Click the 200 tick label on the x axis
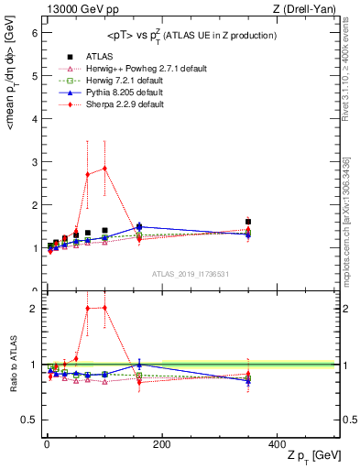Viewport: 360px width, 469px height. point(161,443)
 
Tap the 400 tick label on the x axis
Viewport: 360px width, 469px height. point(277,443)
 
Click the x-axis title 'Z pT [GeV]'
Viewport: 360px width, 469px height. point(312,455)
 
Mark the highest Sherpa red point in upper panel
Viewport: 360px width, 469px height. point(105,169)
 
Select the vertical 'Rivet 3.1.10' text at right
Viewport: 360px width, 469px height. point(349,73)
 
